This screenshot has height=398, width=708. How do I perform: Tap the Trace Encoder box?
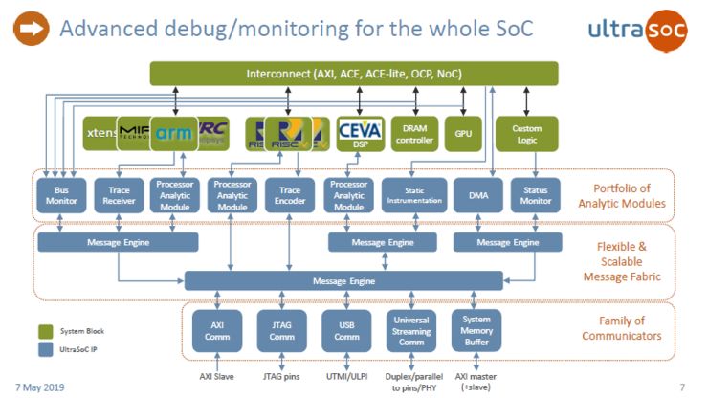[x=290, y=191]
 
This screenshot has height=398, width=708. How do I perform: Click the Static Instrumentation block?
[x=414, y=191]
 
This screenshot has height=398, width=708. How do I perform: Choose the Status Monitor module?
[x=534, y=191]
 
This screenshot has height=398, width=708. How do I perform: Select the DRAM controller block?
[x=414, y=133]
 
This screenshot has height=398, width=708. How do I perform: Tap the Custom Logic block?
[x=527, y=133]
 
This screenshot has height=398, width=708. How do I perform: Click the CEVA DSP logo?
[x=360, y=133]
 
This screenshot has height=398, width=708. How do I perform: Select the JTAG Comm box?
[x=280, y=331]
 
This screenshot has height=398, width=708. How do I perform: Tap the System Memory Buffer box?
[x=476, y=331]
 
